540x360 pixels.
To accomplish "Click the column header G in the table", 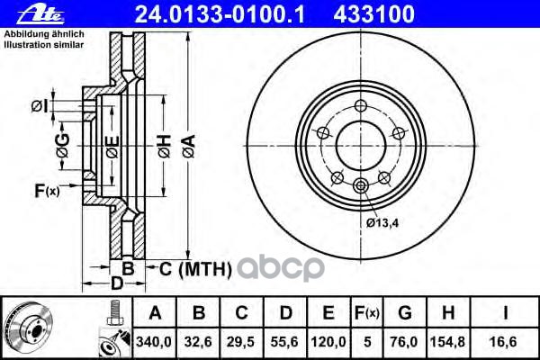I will [405, 313].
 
